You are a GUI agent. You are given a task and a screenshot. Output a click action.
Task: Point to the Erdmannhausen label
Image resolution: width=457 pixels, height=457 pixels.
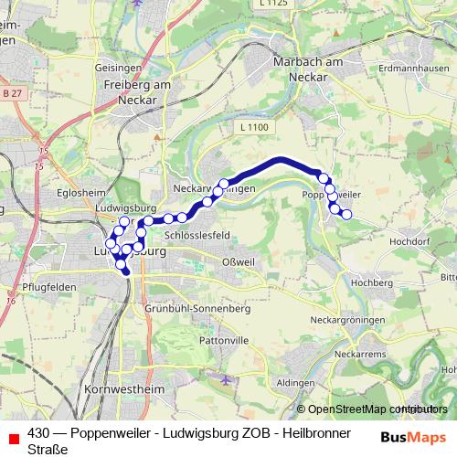pyautogui.click(x=414, y=67)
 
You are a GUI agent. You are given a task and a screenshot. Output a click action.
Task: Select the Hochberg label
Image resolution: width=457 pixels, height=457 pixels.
pyautogui.click(x=371, y=284)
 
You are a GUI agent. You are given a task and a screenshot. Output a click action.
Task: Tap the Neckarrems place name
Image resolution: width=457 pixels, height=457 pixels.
pyautogui.click(x=356, y=352)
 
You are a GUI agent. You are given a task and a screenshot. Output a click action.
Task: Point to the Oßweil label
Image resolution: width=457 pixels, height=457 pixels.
pyautogui.click(x=238, y=262)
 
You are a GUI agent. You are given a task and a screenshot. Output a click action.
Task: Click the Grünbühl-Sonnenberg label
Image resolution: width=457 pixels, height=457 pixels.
pyautogui.click(x=197, y=310)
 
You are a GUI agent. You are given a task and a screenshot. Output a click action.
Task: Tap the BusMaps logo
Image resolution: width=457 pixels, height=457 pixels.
pyautogui.click(x=410, y=436)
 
